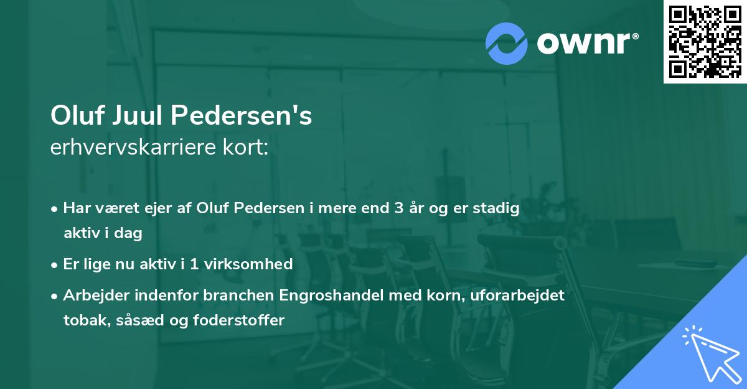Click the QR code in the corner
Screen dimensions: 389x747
point(705,42)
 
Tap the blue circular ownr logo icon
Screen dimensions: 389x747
point(507,44)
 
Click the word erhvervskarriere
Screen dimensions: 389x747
point(130,148)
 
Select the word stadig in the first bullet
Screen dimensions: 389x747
point(499,208)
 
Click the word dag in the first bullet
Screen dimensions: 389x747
point(129,234)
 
